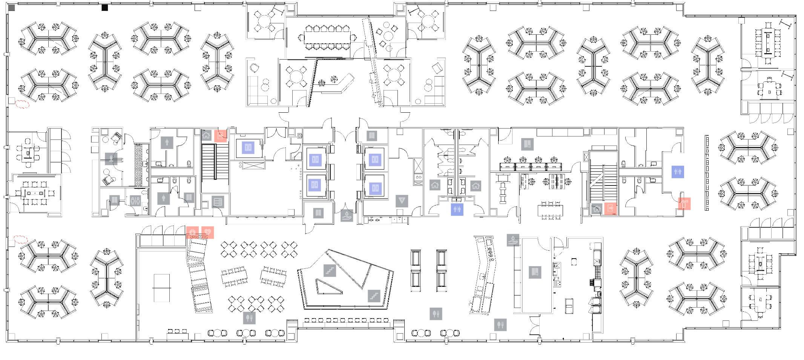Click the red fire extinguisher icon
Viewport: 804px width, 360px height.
point(684,204)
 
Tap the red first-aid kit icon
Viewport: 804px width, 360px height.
point(192,233)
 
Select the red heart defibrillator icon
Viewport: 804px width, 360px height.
point(207,233)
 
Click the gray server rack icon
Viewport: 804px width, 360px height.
point(218,202)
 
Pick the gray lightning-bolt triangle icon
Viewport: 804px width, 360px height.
point(402,201)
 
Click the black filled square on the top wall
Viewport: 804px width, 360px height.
point(105,7)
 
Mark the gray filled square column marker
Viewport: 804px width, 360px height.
point(12,8)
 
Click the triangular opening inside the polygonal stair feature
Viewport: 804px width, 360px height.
point(327,285)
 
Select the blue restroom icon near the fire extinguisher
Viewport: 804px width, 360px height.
point(678,172)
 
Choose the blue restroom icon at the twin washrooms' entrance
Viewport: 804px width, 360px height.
point(457,209)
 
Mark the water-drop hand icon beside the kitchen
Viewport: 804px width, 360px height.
point(513,240)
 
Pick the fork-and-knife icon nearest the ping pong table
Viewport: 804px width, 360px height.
point(249,318)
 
